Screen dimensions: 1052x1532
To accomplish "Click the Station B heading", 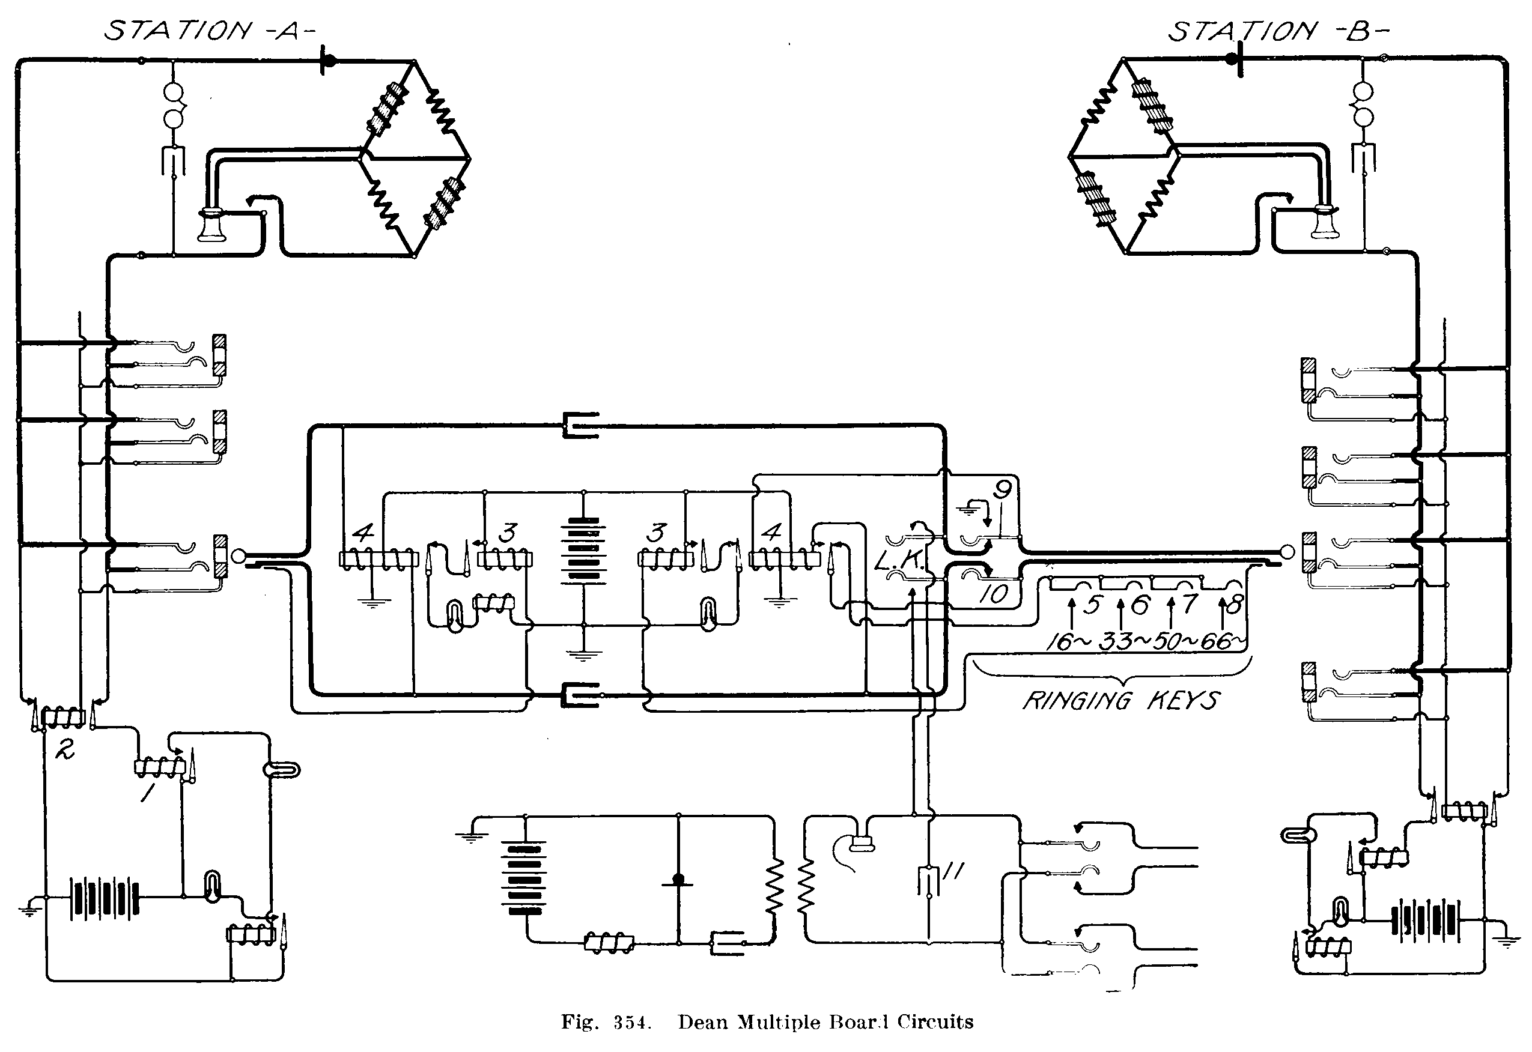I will [1278, 31].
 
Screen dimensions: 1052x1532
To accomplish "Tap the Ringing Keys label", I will [1120, 700].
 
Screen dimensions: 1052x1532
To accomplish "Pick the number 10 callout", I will [992, 594].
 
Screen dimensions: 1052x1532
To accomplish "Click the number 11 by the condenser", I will [953, 871].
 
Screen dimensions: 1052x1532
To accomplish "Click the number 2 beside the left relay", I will [64, 749].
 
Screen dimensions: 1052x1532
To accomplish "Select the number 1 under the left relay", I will [147, 791].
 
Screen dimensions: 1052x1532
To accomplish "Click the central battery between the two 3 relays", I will [583, 551].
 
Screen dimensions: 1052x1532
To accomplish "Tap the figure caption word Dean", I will [704, 1023].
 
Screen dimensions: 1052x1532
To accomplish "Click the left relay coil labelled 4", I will [378, 560].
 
